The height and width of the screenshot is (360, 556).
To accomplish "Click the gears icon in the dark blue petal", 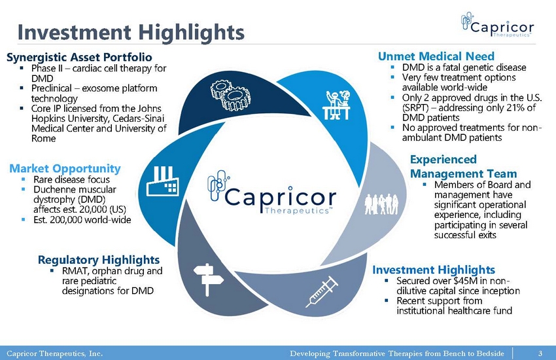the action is point(231,95).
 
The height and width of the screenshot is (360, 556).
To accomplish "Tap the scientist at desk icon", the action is point(337,105).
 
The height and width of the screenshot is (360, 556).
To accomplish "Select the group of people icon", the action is point(381,204).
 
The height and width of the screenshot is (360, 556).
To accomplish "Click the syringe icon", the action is point(322,292).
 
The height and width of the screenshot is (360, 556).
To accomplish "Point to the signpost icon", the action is point(208,279).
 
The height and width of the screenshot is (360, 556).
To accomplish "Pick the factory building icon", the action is point(163,181).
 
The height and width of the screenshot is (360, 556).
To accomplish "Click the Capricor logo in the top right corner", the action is point(497,24).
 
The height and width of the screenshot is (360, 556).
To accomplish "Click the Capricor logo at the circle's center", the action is point(271,192).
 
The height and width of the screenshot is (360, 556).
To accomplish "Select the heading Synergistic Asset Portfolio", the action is point(79,57).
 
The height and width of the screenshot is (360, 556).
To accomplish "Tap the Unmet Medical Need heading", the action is point(436,56).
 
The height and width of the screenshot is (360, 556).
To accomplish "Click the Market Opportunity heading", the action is point(65,168).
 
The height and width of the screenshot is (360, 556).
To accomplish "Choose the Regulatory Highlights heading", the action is point(99,260).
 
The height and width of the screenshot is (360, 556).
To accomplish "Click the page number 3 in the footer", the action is point(540,353).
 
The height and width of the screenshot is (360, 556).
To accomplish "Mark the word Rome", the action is point(44,138).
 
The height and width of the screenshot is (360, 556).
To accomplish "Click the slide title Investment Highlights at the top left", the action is point(131,32).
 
